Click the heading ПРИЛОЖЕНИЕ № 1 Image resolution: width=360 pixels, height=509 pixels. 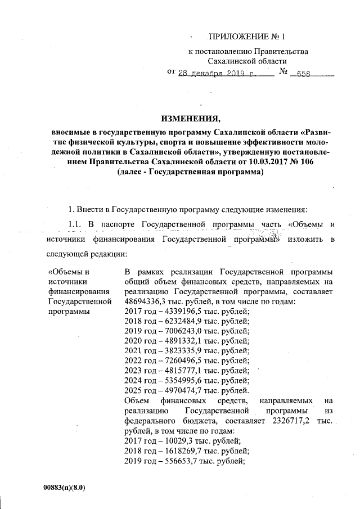(247, 37)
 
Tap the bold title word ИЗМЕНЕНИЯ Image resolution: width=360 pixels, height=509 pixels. (188, 119)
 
